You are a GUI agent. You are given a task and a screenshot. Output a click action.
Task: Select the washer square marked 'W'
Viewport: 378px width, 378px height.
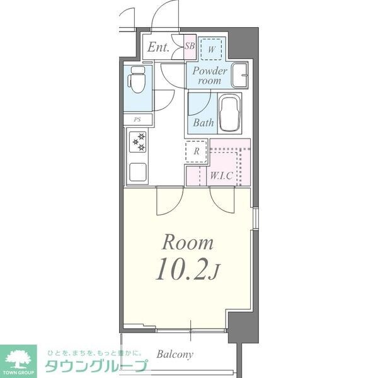pyautogui.click(x=212, y=48)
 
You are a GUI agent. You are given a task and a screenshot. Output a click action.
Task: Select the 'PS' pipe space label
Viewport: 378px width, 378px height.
pyautogui.click(x=137, y=119)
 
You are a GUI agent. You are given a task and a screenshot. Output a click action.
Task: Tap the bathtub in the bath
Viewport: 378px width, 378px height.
pyautogui.click(x=229, y=113)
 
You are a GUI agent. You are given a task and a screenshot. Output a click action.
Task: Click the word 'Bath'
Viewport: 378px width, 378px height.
pyautogui.click(x=203, y=123)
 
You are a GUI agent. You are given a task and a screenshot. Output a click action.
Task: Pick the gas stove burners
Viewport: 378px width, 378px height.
pyautogui.click(x=138, y=142)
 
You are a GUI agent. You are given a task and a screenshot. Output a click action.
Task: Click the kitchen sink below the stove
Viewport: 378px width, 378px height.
pyautogui.click(x=137, y=171)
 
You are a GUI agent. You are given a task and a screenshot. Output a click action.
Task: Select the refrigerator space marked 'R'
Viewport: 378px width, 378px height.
pyautogui.click(x=197, y=151)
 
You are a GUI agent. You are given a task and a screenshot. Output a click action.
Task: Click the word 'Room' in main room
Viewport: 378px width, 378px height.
pyautogui.click(x=188, y=243)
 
